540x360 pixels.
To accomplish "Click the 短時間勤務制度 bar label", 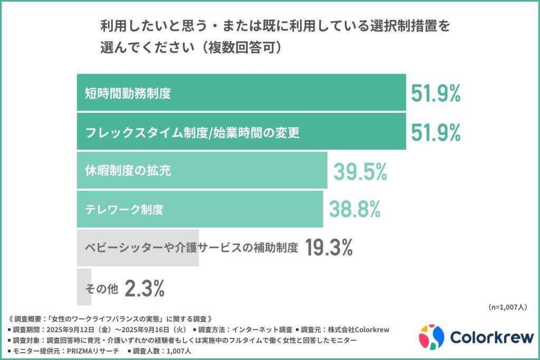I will click(x=128, y=93).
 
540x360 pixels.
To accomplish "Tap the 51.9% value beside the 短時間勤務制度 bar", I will click(x=436, y=93).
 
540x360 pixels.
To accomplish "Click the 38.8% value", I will click(x=354, y=209).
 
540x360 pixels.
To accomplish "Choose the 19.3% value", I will click(x=329, y=247).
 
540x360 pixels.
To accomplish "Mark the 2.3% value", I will click(x=145, y=288).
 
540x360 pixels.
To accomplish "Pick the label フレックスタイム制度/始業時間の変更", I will click(x=192, y=132).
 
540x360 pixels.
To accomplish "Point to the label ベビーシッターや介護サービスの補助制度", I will click(x=192, y=248).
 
